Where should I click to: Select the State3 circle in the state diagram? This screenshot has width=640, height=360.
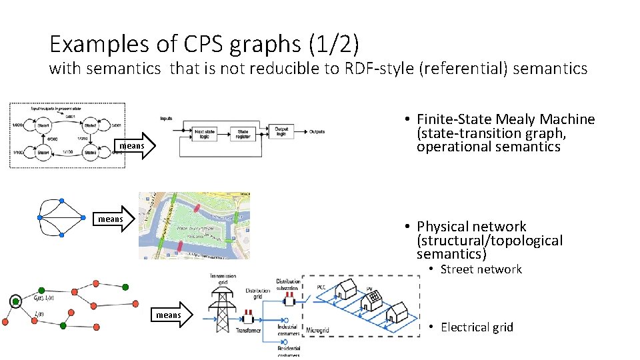pos(91,153)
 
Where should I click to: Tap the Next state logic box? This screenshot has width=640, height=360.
pos(205,133)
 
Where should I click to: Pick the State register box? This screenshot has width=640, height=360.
pos(243,133)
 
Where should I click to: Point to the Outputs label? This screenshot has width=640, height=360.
pos(317,131)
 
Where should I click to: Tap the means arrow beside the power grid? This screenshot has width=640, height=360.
pos(174,315)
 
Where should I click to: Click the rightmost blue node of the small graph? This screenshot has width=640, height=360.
pos(89,217)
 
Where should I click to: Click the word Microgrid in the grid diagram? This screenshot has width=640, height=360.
pos(317,330)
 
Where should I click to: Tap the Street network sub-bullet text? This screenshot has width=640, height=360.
pos(481,269)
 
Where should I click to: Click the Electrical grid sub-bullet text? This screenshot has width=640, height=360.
pos(477,327)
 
